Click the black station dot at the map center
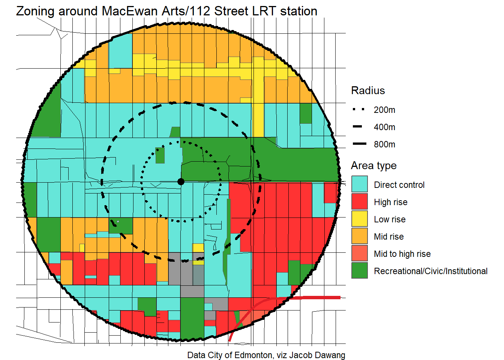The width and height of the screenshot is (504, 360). click(x=181, y=181)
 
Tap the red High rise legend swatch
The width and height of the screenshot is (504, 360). click(x=359, y=202)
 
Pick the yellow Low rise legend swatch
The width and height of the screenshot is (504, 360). click(x=359, y=219)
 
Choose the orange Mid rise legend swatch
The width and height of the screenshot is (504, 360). click(x=359, y=236)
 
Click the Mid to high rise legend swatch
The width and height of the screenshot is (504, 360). click(x=359, y=253)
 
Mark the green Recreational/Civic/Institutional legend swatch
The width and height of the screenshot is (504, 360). click(x=359, y=271)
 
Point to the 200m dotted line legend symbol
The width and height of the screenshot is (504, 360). click(x=358, y=109)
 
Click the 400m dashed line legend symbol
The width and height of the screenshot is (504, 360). click(x=358, y=127)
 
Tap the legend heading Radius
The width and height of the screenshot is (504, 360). click(x=368, y=91)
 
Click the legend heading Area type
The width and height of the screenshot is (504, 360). click(x=373, y=166)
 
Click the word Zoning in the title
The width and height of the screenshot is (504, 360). click(x=35, y=11)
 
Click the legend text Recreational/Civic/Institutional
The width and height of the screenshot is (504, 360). click(x=430, y=271)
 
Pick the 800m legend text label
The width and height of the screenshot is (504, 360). click(x=384, y=144)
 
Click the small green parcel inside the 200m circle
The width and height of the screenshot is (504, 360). click(x=160, y=155)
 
